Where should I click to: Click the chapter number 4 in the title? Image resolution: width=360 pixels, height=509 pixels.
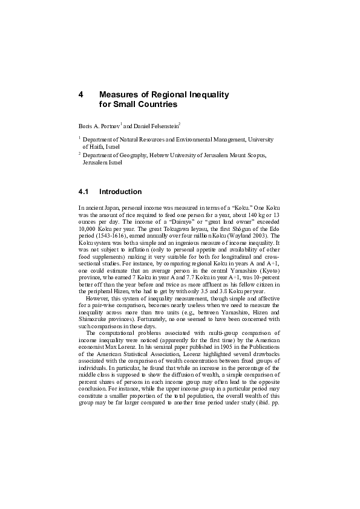coord(81,95)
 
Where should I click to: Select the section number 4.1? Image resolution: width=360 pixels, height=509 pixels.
coord(84,192)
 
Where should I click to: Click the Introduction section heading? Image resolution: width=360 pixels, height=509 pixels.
coord(120,192)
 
